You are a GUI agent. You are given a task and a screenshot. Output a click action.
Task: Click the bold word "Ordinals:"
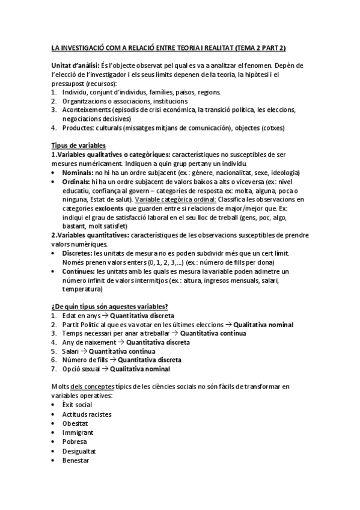click(76, 182)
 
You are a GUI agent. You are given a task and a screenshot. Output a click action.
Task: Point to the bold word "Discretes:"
click(78, 254)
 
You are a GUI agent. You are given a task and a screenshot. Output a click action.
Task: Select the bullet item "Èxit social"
click(77, 405)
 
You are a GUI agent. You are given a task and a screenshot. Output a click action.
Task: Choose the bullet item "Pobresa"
click(74, 441)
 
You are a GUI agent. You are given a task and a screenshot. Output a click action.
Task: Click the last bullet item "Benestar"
click(75, 460)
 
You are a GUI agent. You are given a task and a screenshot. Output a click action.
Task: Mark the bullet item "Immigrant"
click(77, 432)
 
